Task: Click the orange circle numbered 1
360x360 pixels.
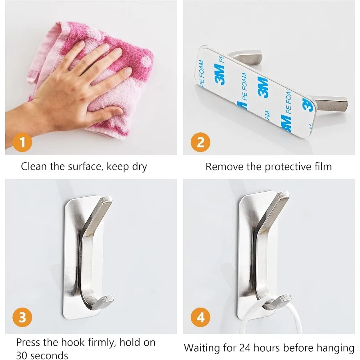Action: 23,142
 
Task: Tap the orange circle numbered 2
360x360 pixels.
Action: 200,142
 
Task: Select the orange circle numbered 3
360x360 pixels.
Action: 23,318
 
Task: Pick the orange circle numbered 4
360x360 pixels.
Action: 200,318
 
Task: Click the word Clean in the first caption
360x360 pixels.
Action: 34,166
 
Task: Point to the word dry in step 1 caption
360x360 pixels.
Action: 140,167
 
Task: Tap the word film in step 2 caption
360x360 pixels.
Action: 322,166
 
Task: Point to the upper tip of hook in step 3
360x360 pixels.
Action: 107,198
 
